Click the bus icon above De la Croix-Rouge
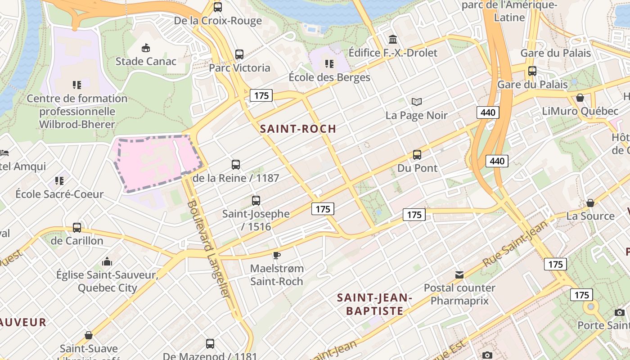click(x=218, y=7)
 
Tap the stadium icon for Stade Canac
click(x=146, y=48)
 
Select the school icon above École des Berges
click(x=329, y=63)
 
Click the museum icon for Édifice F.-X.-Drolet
click(x=393, y=39)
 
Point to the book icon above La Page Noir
click(x=417, y=102)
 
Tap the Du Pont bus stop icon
click(x=417, y=155)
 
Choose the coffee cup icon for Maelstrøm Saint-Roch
click(x=277, y=256)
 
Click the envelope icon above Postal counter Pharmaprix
click(x=459, y=274)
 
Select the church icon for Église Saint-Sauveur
click(x=107, y=261)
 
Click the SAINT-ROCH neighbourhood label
click(x=298, y=129)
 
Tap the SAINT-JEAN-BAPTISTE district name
click(x=374, y=304)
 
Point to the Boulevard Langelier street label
click(x=209, y=248)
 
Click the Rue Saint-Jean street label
click(x=515, y=243)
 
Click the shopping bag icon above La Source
click(x=590, y=203)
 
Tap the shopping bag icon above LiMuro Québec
click(x=580, y=98)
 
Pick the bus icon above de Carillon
click(x=77, y=228)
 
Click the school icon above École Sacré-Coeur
click(x=59, y=181)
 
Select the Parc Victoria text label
click(x=239, y=68)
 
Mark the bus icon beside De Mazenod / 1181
click(x=210, y=344)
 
